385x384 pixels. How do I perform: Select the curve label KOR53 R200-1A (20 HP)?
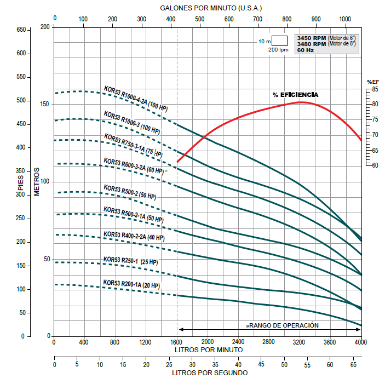pos(131,284)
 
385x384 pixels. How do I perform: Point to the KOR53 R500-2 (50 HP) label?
pos(130,192)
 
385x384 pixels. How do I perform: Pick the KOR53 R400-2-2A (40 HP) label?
pos(134,236)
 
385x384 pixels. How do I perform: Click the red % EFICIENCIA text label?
pos(295,95)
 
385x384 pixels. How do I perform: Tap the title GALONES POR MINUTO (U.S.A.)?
pos(211,8)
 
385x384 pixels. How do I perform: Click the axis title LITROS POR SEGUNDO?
pos(209,373)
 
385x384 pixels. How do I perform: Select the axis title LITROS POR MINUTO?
pos(208,349)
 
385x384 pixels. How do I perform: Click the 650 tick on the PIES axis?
pos(21,30)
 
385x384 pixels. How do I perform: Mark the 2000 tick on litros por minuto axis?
pos(208,342)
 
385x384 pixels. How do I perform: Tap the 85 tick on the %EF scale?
pos(375,89)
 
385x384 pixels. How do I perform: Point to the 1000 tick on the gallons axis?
pos(345,19)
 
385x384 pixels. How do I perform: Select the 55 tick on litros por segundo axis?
pos(307,364)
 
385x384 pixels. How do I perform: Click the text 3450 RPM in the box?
pos(311,38)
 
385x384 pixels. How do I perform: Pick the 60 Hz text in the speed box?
pos(305,50)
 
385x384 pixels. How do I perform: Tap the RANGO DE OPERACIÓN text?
pos(283,325)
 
